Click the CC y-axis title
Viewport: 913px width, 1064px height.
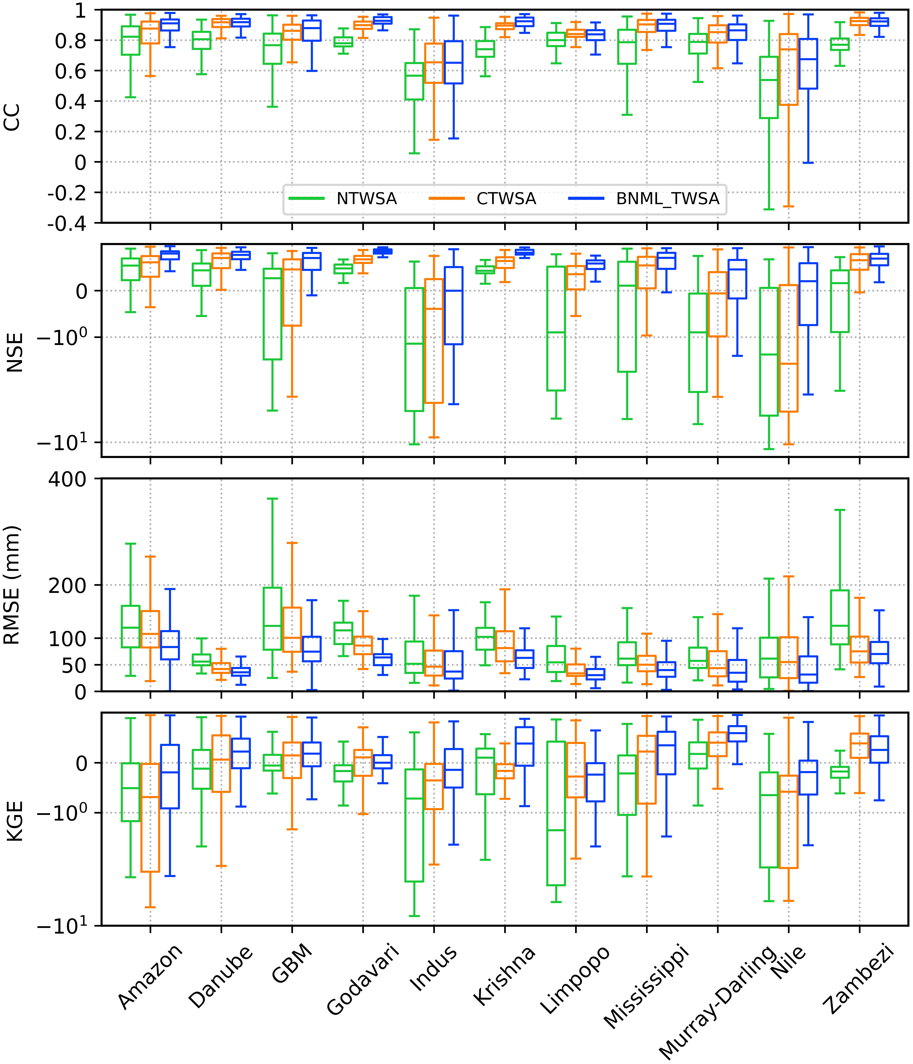(12, 117)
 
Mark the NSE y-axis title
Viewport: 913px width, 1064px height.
(15, 352)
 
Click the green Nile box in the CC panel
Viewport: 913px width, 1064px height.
(769, 87)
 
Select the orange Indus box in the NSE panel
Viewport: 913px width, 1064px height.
(434, 341)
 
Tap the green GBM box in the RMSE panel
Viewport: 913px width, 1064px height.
(272, 619)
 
